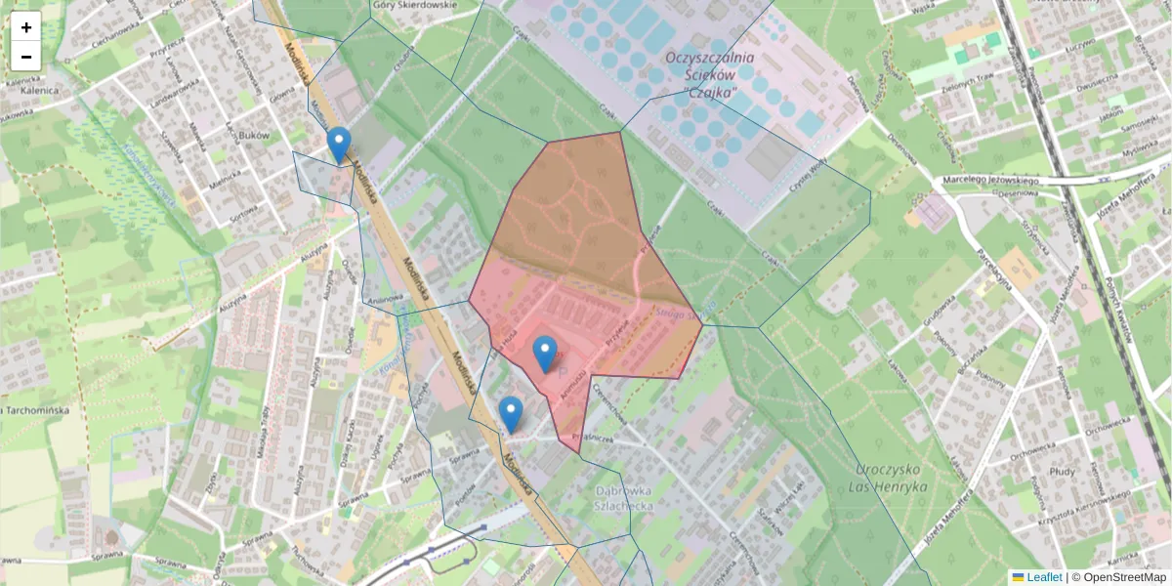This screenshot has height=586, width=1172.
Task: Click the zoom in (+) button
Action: click(x=26, y=27)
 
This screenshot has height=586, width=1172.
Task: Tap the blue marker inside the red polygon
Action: click(x=545, y=353)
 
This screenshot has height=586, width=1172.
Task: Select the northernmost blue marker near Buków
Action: click(x=339, y=145)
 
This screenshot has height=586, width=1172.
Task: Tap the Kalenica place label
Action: click(x=31, y=90)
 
